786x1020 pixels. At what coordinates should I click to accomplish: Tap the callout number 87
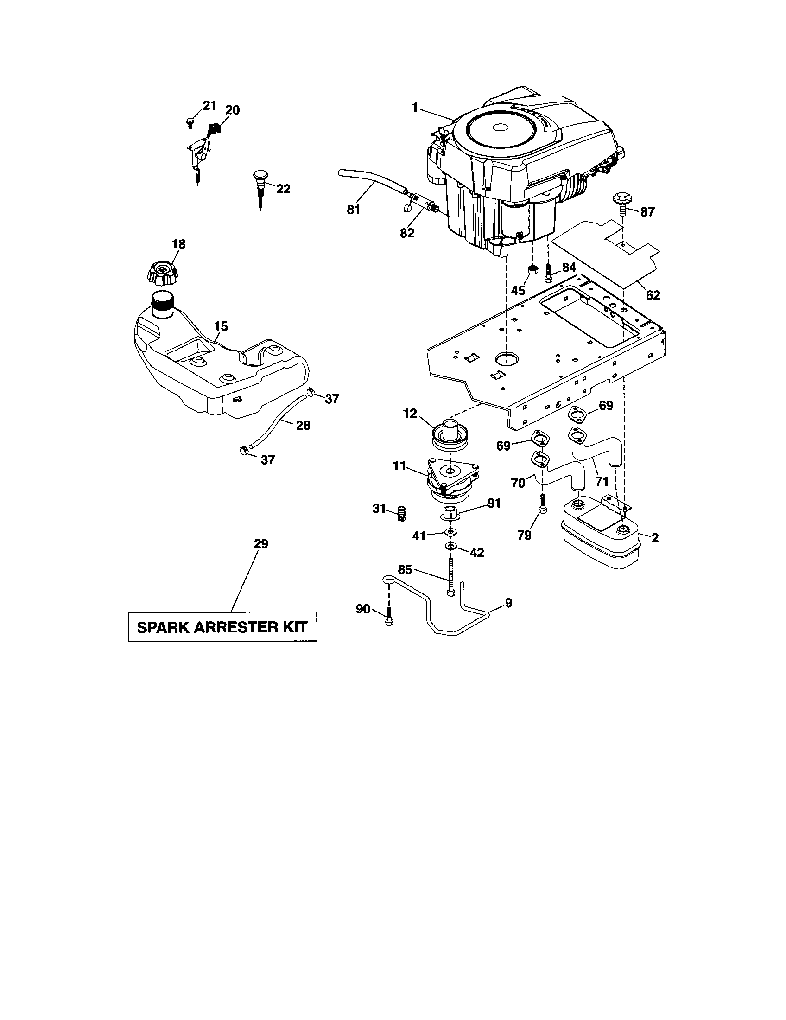[x=647, y=212]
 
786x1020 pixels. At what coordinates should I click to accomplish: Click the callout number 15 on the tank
[x=221, y=326]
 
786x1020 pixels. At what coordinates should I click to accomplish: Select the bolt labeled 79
[x=542, y=505]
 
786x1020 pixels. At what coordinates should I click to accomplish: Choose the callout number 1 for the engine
[x=414, y=108]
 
